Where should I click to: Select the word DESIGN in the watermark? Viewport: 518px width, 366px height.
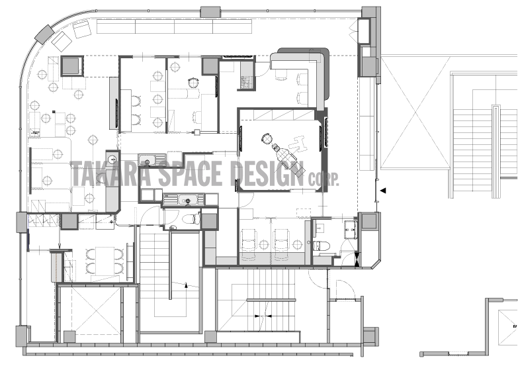[267, 173]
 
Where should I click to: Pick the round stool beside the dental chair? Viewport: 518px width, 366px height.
[266, 138]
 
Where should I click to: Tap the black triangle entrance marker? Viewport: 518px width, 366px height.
[383, 191]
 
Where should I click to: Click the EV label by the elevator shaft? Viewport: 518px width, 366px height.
[515, 326]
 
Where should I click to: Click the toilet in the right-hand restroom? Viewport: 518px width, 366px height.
[322, 246]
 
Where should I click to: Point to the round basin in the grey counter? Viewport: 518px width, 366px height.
[112, 158]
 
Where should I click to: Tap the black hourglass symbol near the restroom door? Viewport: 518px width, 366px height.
[357, 259]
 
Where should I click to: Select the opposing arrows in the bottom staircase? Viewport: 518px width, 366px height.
[263, 316]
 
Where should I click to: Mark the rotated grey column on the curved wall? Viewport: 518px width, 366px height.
[44, 34]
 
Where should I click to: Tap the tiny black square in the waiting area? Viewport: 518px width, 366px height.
[54, 112]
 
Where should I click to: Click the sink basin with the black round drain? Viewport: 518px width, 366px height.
[188, 200]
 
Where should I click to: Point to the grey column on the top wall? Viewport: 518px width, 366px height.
[210, 11]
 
